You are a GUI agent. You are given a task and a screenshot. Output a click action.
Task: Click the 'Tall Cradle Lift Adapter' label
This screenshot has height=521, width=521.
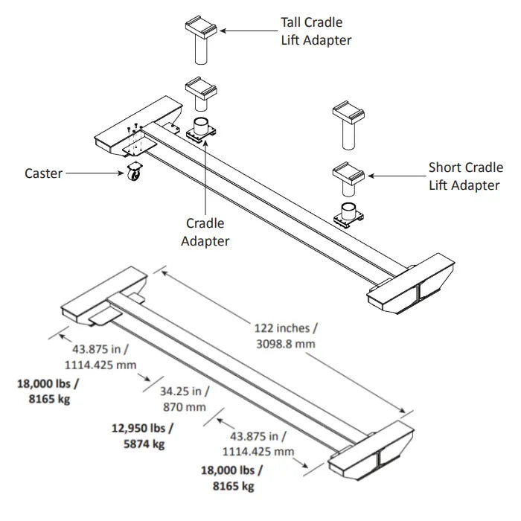316,31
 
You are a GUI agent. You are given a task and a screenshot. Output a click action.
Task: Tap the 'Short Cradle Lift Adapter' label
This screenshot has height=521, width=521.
465,176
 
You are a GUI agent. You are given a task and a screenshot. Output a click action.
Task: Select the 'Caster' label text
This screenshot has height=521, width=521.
44,173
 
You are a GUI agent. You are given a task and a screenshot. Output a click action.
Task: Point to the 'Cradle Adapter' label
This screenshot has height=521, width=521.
205,231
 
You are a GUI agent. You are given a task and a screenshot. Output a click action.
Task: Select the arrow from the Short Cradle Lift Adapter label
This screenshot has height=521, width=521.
394,176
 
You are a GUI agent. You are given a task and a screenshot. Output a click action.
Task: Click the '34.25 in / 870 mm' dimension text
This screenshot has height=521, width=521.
185,399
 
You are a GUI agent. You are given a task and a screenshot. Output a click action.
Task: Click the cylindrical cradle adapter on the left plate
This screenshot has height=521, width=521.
201,126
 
